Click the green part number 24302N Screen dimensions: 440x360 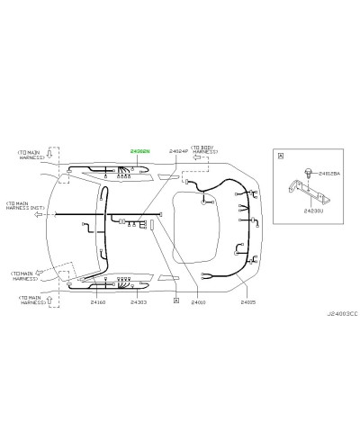point(141,152)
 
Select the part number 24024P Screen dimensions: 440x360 point(180,152)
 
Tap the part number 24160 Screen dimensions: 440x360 point(98,302)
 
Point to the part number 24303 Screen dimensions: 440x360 point(139,302)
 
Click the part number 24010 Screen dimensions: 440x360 point(198,302)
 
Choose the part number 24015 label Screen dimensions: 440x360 point(247,302)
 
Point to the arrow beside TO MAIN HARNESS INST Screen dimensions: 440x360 point(39,215)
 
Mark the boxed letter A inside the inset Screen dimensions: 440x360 point(281,155)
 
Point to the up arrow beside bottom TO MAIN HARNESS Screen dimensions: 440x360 point(50,298)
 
